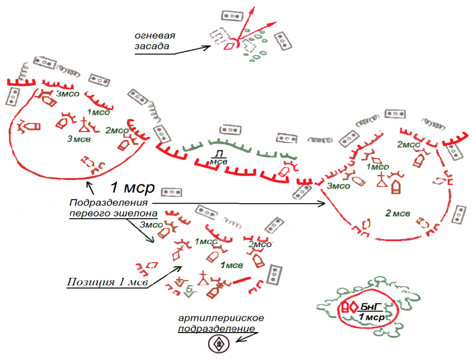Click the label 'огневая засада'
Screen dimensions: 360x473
tap(155, 41)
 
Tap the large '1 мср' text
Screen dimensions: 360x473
tap(132, 188)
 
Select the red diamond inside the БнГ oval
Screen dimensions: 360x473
tap(353, 308)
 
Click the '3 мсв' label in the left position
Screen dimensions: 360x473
tap(78, 140)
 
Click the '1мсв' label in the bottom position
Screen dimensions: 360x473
tap(232, 265)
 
